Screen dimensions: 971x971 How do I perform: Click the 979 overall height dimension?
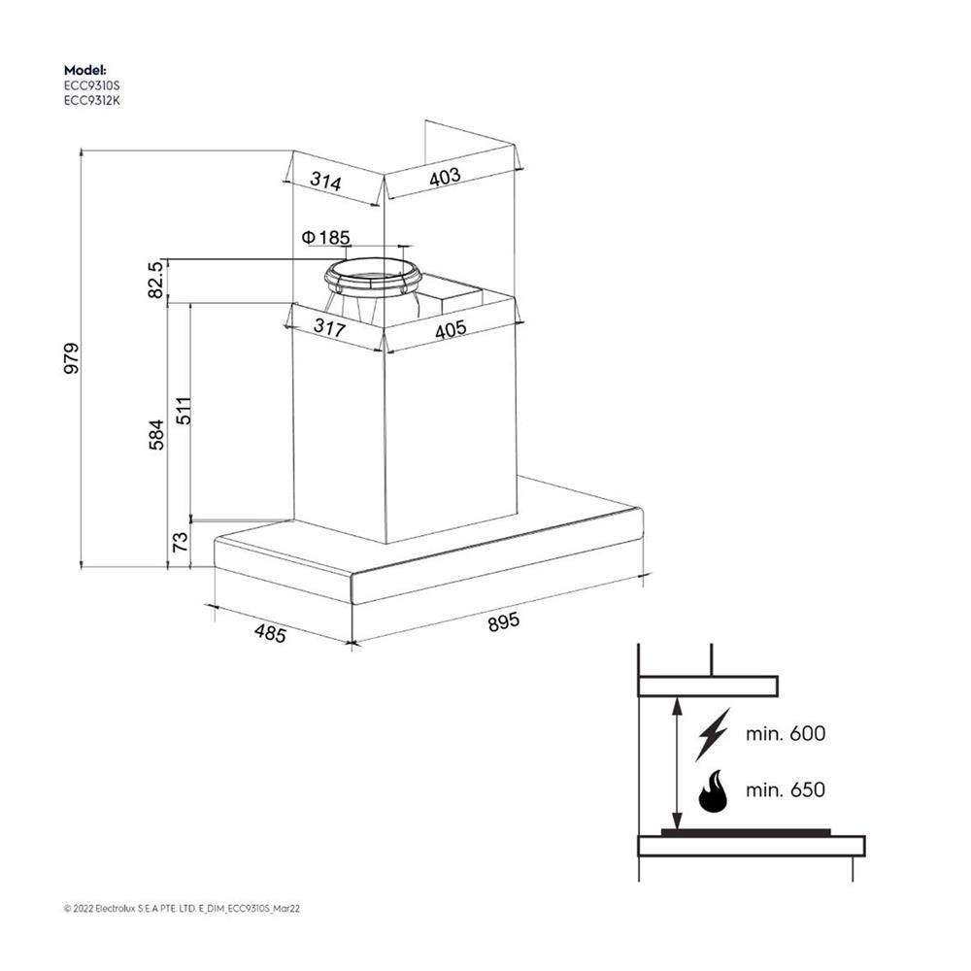pyautogui.click(x=72, y=358)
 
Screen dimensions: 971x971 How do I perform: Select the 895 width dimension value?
pyautogui.click(x=503, y=621)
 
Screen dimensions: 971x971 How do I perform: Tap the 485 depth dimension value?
pyautogui.click(x=270, y=633)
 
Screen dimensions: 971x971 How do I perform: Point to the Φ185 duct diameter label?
pyautogui.click(x=325, y=237)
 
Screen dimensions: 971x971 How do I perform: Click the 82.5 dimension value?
pyautogui.click(x=155, y=280)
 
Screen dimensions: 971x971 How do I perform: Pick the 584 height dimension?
pyautogui.click(x=156, y=434)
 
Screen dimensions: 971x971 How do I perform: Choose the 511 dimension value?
pyautogui.click(x=184, y=410)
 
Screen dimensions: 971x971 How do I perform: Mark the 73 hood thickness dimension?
pyautogui.click(x=180, y=542)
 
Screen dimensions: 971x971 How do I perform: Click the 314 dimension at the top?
pyautogui.click(x=325, y=182)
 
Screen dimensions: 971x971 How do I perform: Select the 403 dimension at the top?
pyautogui.click(x=446, y=177)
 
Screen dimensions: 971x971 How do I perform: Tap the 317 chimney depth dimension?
pyautogui.click(x=329, y=327)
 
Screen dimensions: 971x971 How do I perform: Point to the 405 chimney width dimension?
pyautogui.click(x=451, y=329)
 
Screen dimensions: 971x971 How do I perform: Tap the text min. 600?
pyautogui.click(x=786, y=734)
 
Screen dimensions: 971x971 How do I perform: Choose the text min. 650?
pyautogui.click(x=786, y=790)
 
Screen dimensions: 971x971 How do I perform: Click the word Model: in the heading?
pyautogui.click(x=85, y=70)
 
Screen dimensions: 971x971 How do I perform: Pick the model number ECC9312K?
pyautogui.click(x=92, y=100)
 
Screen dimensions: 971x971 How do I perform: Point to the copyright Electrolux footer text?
pyautogui.click(x=183, y=909)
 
